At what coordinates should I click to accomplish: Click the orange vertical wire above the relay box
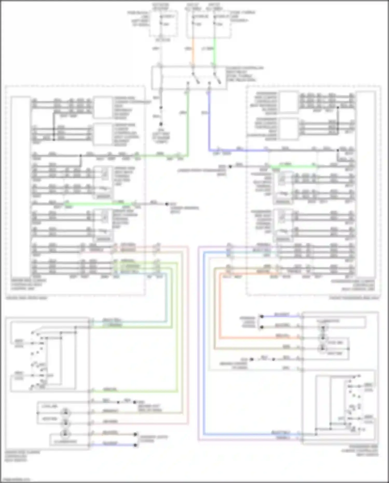click(x=193, y=51)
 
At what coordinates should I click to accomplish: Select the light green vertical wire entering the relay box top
click(x=214, y=51)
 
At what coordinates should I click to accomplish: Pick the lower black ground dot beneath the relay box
click(x=161, y=124)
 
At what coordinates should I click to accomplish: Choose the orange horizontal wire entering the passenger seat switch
click(x=260, y=338)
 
